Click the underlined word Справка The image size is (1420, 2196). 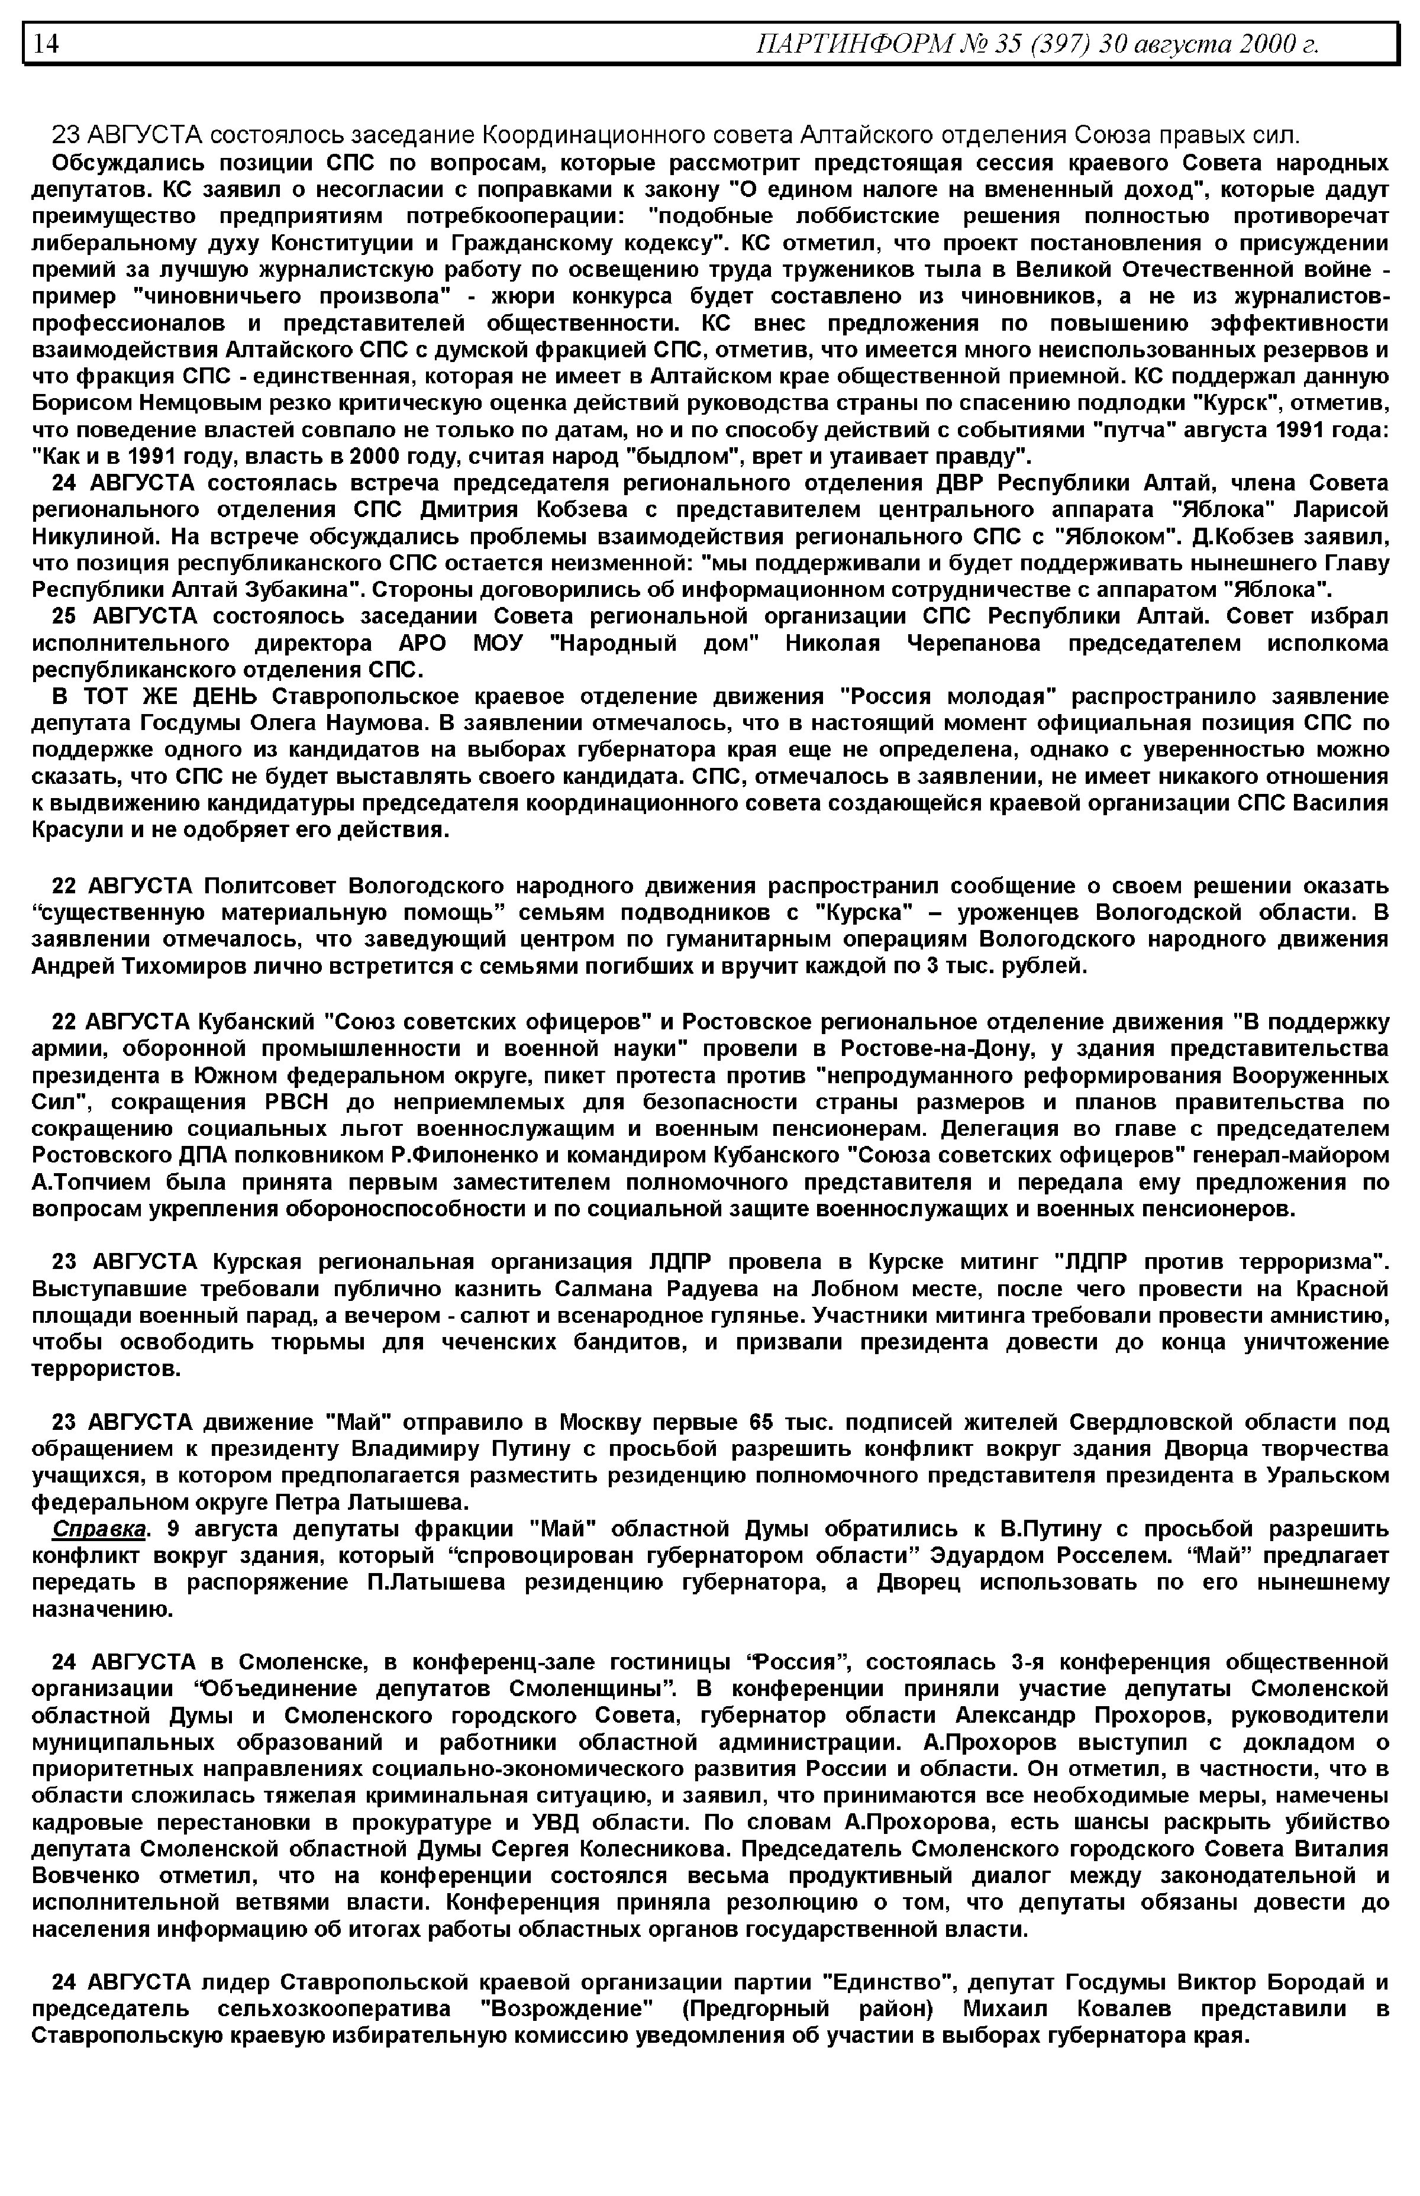[99, 1529]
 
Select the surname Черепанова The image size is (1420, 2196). [974, 644]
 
